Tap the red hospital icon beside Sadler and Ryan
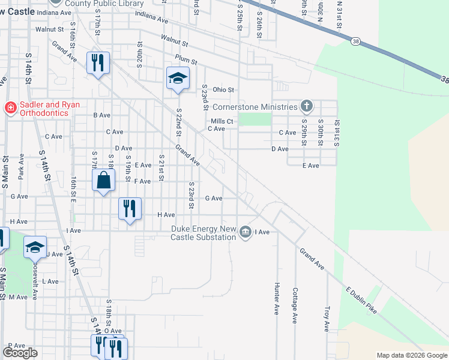pyautogui.click(x=9, y=109)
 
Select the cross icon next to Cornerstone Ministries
pyautogui.click(x=307, y=107)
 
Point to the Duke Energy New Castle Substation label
pyautogui.click(x=204, y=233)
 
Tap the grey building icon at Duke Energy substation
pyautogui.click(x=245, y=232)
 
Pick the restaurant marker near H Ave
pyautogui.click(x=130, y=209)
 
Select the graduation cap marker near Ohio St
pyautogui.click(x=178, y=78)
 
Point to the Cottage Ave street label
pyautogui.click(x=295, y=305)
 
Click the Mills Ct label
pyautogui.click(x=226, y=121)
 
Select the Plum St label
pyautogui.click(x=186, y=59)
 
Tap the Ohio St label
pyautogui.click(x=222, y=90)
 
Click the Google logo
pyautogui.click(x=20, y=353)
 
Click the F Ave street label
pyautogui.click(x=142, y=181)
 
